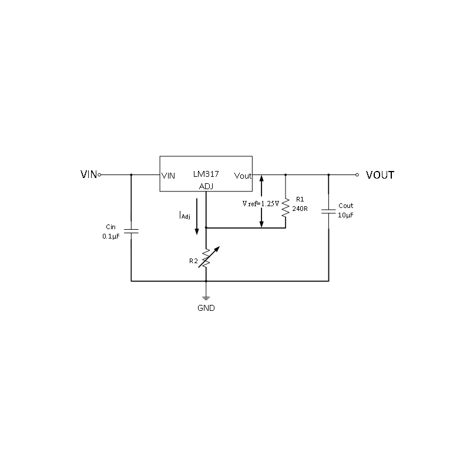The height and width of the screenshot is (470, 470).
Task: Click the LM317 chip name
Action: pos(206,175)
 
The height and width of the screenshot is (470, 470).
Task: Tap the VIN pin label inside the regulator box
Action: pos(168,176)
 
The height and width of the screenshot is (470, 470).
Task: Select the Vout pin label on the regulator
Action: pos(243,176)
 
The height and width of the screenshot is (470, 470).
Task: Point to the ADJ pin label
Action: pos(206,187)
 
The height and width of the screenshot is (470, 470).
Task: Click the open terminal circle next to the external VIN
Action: pos(99,174)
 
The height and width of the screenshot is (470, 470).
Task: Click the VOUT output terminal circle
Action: pos(357,174)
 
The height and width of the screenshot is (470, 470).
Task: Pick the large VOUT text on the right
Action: pos(380,175)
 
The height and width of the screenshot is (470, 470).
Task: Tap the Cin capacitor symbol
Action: pos(131,231)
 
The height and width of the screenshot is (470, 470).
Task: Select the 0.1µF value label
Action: pos(112,236)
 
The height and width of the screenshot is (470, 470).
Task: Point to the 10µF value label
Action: pos(346,216)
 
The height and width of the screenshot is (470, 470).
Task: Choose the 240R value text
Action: pos(300,207)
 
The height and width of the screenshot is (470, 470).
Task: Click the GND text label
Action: pos(206,308)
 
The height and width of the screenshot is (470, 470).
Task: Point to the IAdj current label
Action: pos(184,216)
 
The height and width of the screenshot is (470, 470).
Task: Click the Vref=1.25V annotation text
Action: pos(260,204)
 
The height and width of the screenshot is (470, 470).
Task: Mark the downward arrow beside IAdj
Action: pos(197,223)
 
